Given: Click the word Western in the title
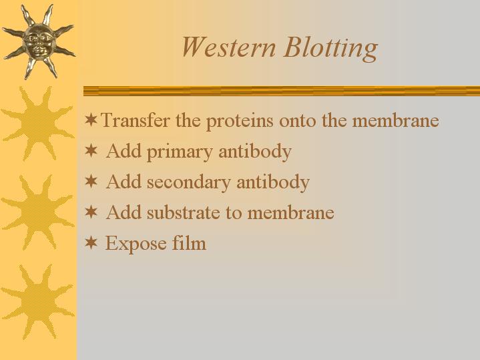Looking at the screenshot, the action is click(228, 47).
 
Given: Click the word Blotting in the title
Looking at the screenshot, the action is click(331, 49).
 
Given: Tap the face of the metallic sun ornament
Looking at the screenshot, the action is click(39, 41).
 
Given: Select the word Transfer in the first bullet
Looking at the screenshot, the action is click(135, 120).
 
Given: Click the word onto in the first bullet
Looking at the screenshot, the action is click(298, 121).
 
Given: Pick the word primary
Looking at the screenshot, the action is click(180, 152).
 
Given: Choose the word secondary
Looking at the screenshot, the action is click(188, 182).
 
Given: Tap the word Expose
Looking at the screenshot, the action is click(136, 244).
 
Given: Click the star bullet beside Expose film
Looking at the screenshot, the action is click(91, 242).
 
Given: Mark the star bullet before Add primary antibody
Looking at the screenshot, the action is click(91, 150).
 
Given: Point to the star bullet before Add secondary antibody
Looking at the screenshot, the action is click(91, 181).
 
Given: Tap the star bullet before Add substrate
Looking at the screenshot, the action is click(91, 212).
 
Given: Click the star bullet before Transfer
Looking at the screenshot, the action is click(91, 120).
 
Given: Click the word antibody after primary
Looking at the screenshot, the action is click(255, 152).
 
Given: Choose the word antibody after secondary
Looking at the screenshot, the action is click(273, 182).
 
